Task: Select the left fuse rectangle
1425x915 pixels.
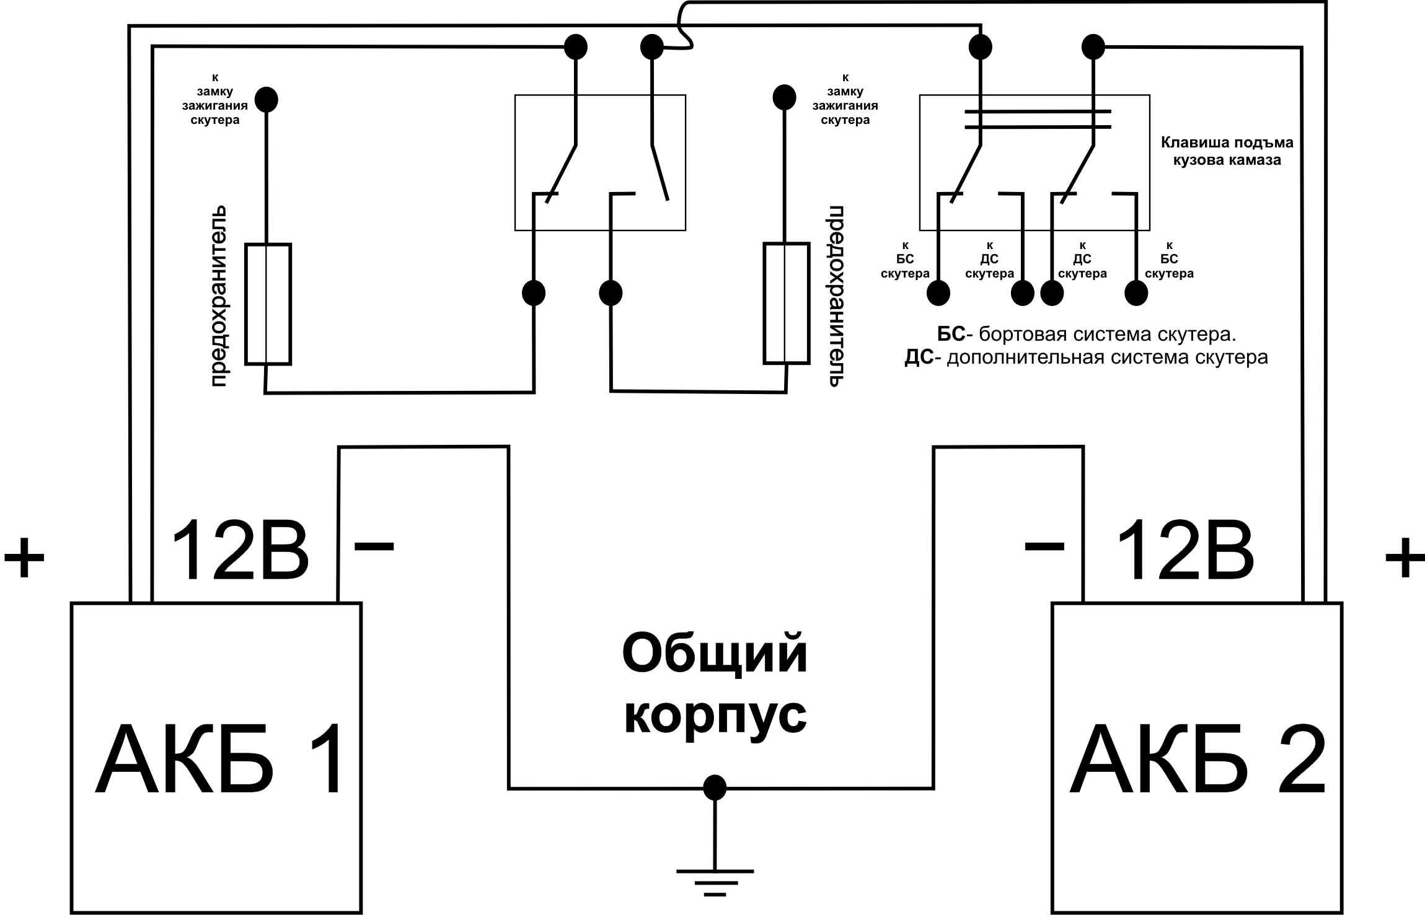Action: pos(268,304)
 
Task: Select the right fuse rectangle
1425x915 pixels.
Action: pos(786,303)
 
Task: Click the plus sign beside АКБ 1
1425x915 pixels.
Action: pos(25,557)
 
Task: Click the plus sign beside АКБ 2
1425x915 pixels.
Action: pos(1405,557)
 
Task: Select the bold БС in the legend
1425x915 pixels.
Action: pos(951,335)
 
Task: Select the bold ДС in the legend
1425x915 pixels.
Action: pos(919,358)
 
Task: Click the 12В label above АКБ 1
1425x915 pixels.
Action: pos(239,551)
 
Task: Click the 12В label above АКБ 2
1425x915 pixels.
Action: pos(1185,551)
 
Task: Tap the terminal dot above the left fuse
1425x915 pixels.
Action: pos(267,99)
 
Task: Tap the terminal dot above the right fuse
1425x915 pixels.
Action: pos(784,97)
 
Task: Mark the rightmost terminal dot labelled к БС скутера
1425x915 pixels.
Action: pos(1136,293)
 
